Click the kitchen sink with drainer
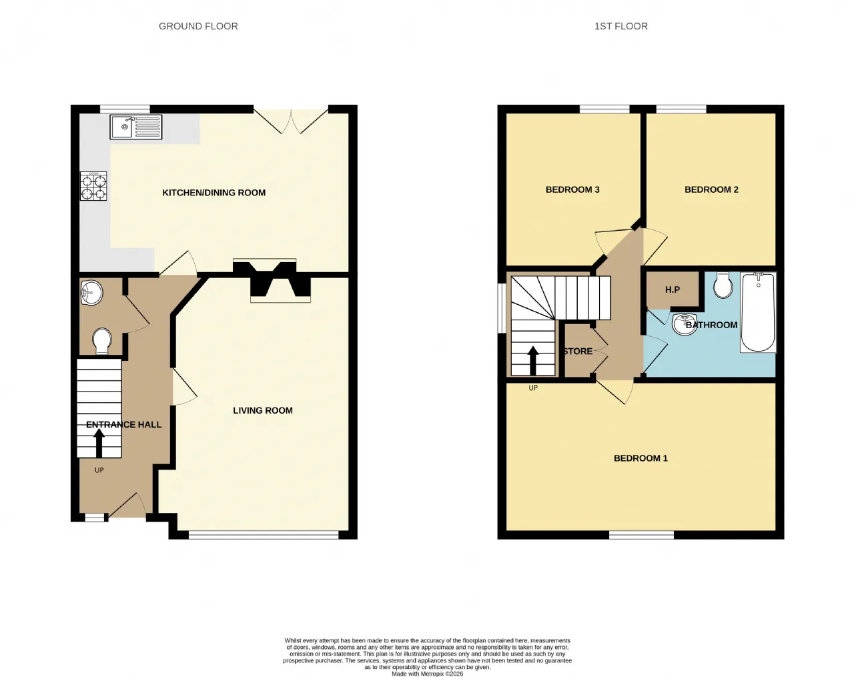coord(135,127)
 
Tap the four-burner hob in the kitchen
coord(93,185)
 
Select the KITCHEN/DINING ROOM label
coord(214,193)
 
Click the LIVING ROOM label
coord(263,411)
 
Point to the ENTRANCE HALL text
coord(124,425)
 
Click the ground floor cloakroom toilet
coord(102,340)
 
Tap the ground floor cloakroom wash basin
coord(91,293)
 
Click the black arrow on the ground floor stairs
coord(99,443)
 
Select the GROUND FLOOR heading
coord(198,26)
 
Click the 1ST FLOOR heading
coord(621,26)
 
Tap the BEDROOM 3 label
coord(572,189)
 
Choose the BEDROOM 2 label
coord(711,189)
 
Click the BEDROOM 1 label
coord(640,458)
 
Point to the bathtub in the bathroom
coord(758,312)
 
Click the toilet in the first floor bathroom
coord(723,285)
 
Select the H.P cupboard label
coord(673,289)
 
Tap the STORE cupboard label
coord(578,352)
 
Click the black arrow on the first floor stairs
coord(533,361)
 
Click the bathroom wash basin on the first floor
coord(683,324)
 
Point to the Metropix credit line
coord(428,674)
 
